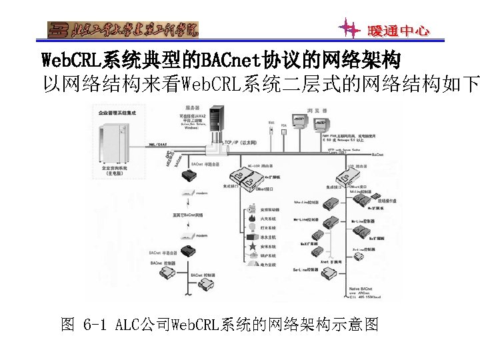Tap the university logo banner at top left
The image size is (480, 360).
point(123,30)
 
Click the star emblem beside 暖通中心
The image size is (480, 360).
point(349,29)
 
